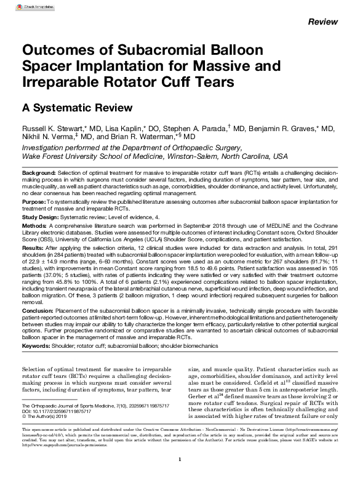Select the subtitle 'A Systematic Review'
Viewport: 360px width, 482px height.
(x=68, y=106)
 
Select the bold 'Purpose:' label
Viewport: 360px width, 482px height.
(x=33, y=201)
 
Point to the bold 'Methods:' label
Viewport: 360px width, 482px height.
(x=34, y=227)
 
